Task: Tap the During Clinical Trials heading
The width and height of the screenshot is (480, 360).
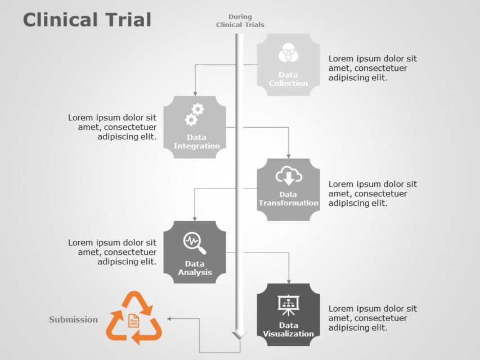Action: click(x=240, y=21)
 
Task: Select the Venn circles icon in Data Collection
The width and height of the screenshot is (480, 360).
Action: click(x=288, y=53)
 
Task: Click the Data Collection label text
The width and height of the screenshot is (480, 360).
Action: click(x=288, y=79)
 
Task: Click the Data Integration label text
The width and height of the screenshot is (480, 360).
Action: click(x=196, y=142)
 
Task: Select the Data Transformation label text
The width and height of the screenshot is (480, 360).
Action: click(x=288, y=199)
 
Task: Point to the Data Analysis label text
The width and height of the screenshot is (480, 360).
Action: click(x=195, y=268)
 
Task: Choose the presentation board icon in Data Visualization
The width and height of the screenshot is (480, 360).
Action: click(x=289, y=304)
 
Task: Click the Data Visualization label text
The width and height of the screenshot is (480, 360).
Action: click(x=288, y=330)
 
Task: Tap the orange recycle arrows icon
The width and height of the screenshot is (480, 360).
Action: click(x=134, y=318)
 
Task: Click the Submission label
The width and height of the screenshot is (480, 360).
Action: click(x=73, y=319)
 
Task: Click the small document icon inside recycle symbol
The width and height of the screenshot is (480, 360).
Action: click(x=133, y=320)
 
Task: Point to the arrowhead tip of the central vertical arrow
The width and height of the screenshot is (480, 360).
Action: click(x=240, y=338)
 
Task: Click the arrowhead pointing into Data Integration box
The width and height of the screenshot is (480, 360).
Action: click(x=195, y=93)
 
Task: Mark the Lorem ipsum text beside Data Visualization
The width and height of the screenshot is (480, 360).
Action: click(x=373, y=318)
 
